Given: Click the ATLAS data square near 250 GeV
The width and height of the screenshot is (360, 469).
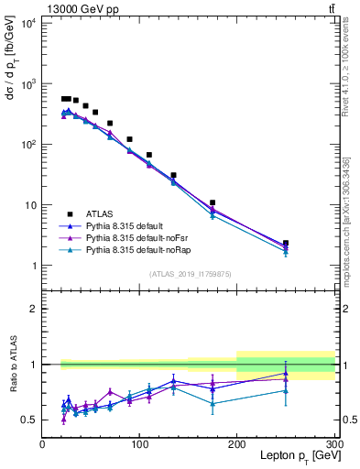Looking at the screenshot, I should coord(286,244).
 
